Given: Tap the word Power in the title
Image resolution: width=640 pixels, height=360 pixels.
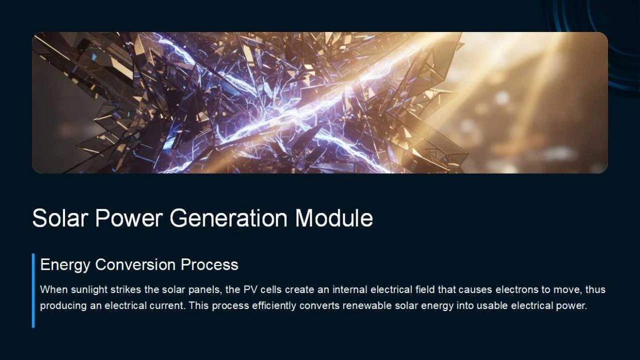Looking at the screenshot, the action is pos(129,218).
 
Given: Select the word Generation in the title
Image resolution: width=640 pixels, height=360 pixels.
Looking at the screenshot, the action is pos(229,218).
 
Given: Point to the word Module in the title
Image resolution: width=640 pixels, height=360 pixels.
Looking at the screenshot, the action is pos(334,218).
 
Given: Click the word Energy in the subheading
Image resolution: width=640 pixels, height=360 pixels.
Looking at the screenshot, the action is pos(66,265).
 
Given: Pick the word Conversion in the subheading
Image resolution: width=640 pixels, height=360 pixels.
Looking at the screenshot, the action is pos(135,265).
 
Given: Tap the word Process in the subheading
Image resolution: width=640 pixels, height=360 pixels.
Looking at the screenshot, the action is pos(210,265).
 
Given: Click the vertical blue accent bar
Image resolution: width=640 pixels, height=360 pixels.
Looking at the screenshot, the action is pos(34,290).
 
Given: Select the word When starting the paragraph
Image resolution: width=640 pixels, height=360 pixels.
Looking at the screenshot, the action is pos(54,289).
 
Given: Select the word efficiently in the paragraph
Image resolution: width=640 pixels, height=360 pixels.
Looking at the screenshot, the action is pos(274,306).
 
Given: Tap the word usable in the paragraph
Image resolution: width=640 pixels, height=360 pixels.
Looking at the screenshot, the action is pos(492,305).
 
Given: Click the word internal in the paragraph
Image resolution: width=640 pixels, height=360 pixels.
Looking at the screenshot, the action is pos(350,289).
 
